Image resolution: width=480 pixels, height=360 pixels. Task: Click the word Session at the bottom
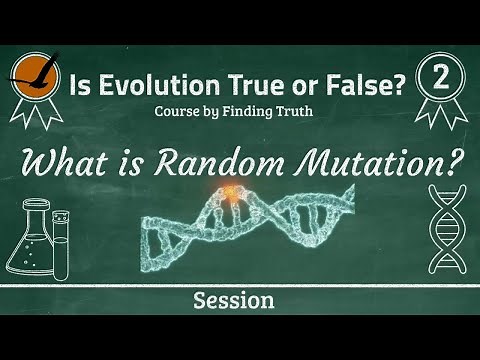[x=240, y=300]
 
